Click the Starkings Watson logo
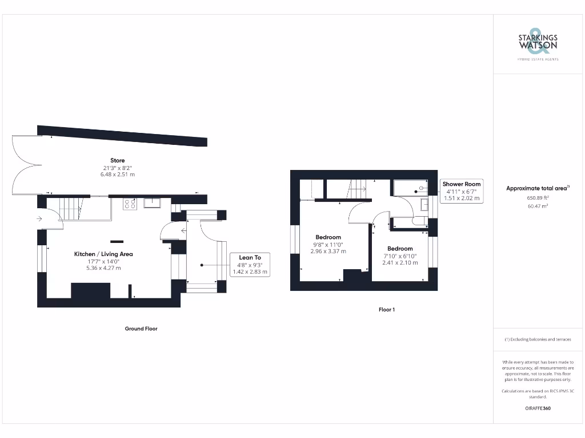538,43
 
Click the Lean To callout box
250,265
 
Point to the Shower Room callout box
462,191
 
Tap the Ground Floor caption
141,328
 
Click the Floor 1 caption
387,310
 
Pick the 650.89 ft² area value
537,197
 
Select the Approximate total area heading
537,188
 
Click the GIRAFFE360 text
537,408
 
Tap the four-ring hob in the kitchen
130,204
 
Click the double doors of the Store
26,164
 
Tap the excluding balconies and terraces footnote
537,339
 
